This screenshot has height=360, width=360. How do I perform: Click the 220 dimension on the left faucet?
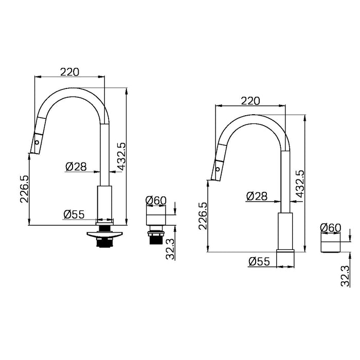click(69, 72)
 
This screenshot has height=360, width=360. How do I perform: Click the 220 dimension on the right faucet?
click(250, 101)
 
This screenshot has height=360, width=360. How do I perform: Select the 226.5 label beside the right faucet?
click(203, 214)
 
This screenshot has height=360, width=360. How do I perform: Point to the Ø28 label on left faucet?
click(76, 166)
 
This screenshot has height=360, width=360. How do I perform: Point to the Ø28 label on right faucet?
click(256, 196)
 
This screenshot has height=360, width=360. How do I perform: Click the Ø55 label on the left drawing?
click(74, 214)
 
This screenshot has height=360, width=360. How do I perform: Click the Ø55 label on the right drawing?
click(259, 261)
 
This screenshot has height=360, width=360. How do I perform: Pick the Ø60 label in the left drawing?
click(155, 200)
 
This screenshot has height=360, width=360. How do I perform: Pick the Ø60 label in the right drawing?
click(331, 227)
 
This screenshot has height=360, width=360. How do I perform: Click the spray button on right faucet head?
click(218, 169)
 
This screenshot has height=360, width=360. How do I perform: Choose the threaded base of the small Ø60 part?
click(155, 238)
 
